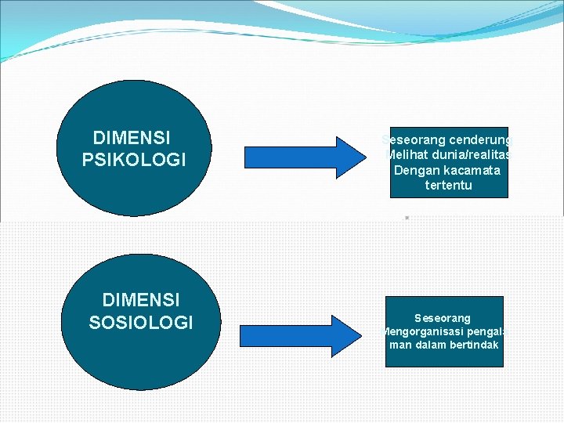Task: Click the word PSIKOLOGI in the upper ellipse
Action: pos(134,160)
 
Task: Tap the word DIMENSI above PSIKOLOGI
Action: pos(132,139)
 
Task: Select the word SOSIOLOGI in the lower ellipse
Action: pos(141,322)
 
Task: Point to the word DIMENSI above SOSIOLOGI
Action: pos(141,300)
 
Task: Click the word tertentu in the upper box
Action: pos(448,186)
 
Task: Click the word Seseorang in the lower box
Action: pos(443,318)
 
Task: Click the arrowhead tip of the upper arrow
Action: pos(360,154)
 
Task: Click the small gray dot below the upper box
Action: pos(407,217)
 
